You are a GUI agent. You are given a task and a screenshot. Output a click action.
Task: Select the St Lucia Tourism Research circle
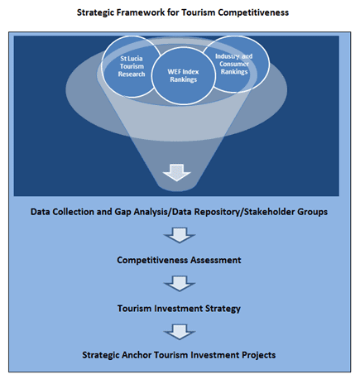pyautogui.click(x=132, y=66)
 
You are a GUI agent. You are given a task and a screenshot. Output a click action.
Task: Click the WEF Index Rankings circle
pyautogui.click(x=184, y=76)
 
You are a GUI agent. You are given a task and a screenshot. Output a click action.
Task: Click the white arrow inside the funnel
pyautogui.click(x=177, y=172)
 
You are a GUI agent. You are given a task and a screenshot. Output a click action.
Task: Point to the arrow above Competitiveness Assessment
pyautogui.click(x=180, y=235)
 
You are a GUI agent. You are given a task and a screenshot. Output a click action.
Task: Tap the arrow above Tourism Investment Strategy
pyautogui.click(x=180, y=283)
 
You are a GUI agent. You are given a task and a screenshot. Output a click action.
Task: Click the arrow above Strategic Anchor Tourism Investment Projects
pyautogui.click(x=180, y=332)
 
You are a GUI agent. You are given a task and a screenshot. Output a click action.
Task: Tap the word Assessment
pyautogui.click(x=215, y=260)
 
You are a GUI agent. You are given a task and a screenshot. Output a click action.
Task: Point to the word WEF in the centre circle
pyautogui.click(x=174, y=72)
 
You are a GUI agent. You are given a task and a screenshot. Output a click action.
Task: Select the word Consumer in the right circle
pyautogui.click(x=234, y=64)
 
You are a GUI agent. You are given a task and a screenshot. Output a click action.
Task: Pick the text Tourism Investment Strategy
pyautogui.click(x=179, y=309)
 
